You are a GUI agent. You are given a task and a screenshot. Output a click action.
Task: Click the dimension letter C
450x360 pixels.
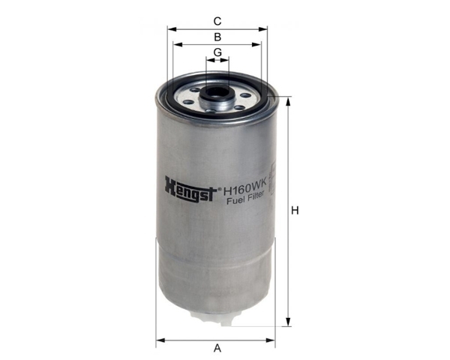coord(217,21)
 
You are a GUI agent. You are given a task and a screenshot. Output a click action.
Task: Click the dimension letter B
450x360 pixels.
coord(217,37)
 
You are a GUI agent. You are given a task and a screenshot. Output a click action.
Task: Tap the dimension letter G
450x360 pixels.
coord(217,52)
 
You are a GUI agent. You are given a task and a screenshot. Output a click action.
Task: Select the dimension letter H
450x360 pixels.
coord(295,211)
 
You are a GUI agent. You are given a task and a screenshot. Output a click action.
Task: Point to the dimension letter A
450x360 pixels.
coord(217,348)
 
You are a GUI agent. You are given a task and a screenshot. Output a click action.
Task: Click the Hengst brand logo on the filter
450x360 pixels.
coord(190,189)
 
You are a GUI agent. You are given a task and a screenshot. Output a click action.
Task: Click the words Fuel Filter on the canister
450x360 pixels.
coord(245,198)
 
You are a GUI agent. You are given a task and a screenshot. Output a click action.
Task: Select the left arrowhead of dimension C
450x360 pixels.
coord(172,29)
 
